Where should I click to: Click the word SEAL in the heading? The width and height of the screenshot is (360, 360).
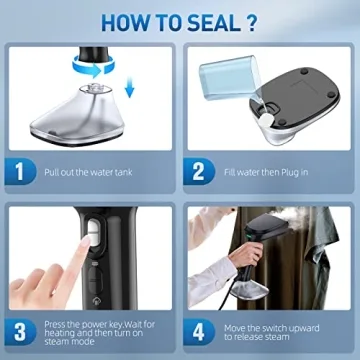[x=210, y=20]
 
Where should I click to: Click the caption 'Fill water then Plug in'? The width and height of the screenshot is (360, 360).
[x=265, y=171]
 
